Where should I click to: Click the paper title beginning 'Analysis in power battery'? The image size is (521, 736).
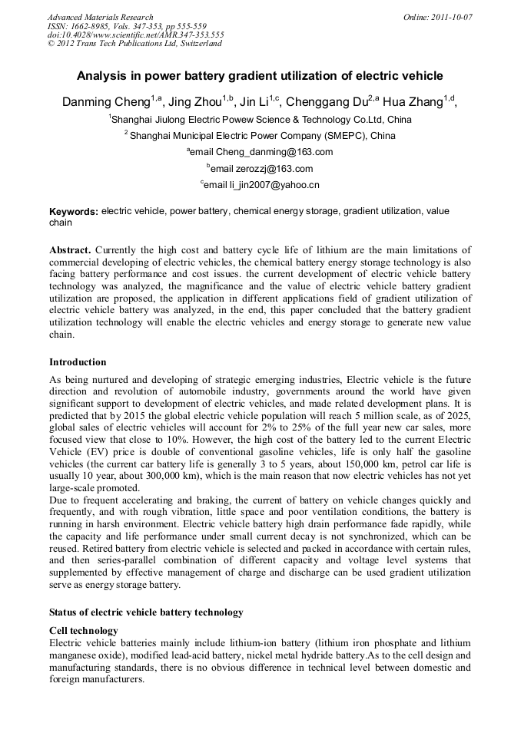point(260,76)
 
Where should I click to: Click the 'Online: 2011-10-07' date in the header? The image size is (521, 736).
point(439,17)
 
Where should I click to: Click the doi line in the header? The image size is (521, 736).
point(135,35)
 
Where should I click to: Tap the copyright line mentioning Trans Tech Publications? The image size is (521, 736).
point(134,43)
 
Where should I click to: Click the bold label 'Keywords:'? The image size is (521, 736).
point(74,212)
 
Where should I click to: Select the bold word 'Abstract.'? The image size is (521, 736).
point(71,250)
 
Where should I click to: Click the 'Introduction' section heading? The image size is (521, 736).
point(78,362)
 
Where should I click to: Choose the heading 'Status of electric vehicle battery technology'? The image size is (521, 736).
point(146,612)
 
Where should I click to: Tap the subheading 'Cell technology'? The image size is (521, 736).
point(84,631)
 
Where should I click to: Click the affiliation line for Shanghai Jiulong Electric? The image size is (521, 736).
point(261,120)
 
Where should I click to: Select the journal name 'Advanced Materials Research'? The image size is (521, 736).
point(101,17)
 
